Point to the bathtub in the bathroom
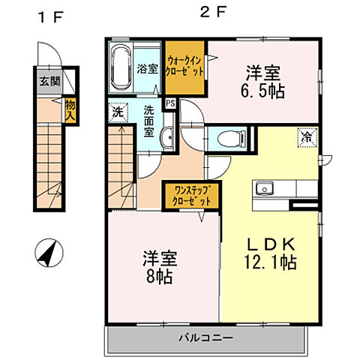(x=120, y=67)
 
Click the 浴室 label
(x=147, y=69)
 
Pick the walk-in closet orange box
(x=184, y=66)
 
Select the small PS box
(x=170, y=103)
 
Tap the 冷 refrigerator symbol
(x=307, y=137)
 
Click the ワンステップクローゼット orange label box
(x=192, y=195)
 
